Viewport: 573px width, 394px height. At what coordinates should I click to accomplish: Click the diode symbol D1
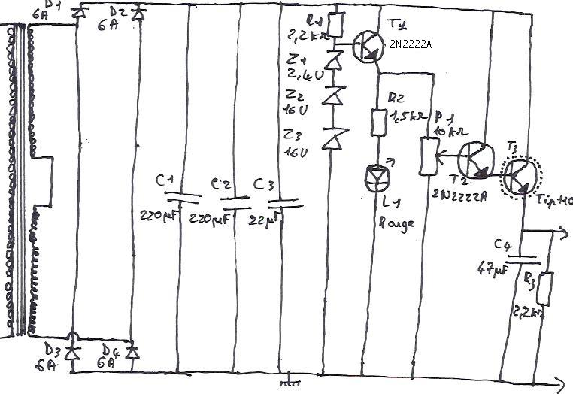point(77,13)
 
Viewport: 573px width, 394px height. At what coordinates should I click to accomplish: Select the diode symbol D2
point(136,13)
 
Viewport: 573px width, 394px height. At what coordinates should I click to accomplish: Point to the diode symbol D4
point(133,351)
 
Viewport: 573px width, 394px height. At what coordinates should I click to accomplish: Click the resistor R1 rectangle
point(335,24)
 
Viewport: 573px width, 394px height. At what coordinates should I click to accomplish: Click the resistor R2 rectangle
point(378,120)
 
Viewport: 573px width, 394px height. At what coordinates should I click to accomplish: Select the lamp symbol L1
point(377,177)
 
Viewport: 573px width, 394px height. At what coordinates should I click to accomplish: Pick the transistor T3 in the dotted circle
point(518,176)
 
